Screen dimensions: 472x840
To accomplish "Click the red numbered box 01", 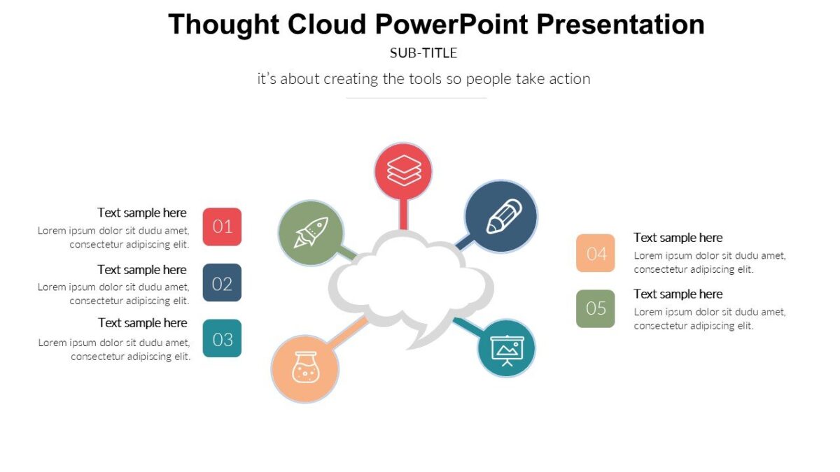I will point(222,227).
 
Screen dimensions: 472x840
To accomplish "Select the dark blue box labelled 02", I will point(222,283).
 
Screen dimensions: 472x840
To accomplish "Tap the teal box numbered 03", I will point(222,338).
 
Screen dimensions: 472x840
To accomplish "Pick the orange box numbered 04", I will point(596,253).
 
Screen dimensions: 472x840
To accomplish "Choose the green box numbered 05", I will point(596,308).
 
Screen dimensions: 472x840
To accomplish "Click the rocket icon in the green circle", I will point(311,232).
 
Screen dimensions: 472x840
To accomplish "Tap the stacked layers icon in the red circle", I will point(404,171).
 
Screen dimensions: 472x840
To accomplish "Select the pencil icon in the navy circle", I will point(501,216).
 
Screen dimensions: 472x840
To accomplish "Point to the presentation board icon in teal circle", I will point(507,348).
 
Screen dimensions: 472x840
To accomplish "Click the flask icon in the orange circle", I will point(304,369).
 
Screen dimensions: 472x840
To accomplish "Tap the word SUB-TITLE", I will point(423,53).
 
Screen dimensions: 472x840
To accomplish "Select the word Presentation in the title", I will point(621,24).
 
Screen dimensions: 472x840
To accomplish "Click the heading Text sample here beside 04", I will point(678,238).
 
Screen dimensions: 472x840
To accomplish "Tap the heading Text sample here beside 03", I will point(143,322).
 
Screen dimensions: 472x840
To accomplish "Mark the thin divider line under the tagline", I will point(416,98).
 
